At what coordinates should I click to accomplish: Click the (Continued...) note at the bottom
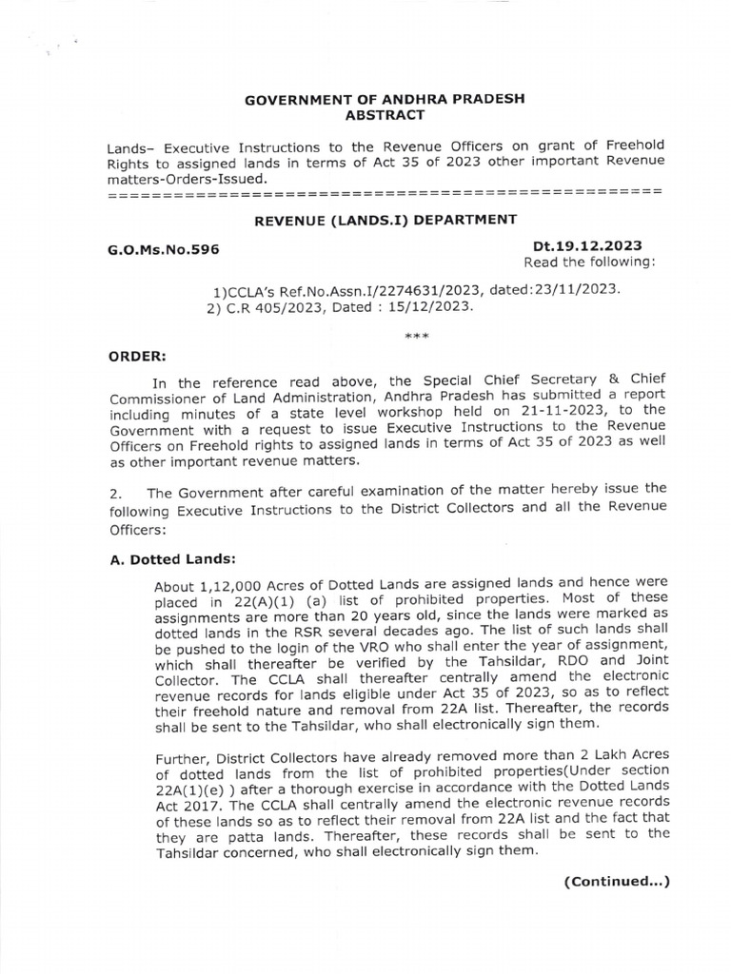[x=617, y=881]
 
